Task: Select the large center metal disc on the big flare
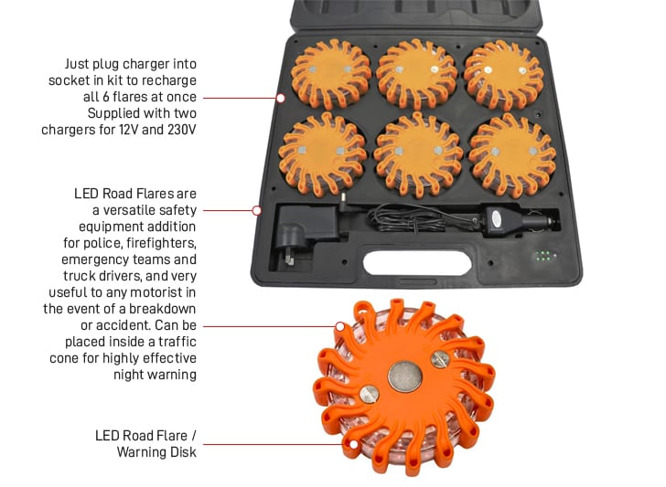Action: coord(402,376)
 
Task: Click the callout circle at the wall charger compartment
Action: coord(257,210)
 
